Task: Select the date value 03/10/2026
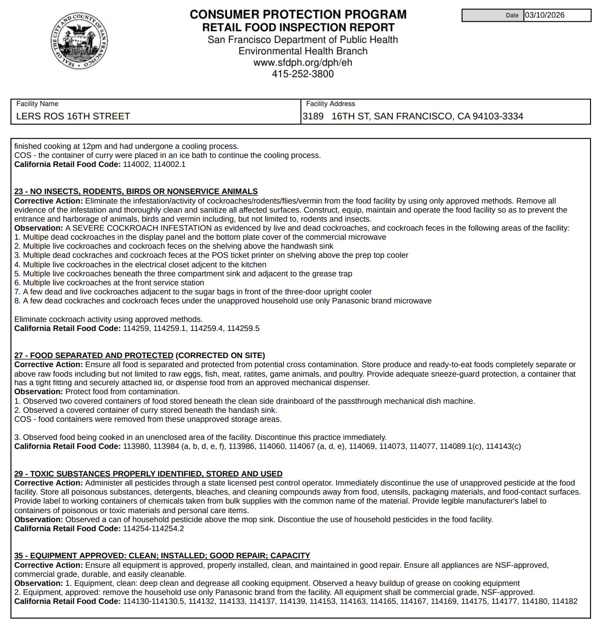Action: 544,15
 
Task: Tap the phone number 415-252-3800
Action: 302,74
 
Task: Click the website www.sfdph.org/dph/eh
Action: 302,62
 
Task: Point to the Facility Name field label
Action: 37,104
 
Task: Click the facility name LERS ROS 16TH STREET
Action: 73,116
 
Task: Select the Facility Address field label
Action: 330,104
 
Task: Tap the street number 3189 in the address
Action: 313,116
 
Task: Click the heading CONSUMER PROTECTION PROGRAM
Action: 298,15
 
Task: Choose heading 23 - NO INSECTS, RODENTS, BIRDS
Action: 136,191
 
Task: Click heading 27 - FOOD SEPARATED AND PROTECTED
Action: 94,355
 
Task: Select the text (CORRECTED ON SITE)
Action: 220,355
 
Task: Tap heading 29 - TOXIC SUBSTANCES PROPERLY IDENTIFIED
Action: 148,474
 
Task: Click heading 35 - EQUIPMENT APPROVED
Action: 162,555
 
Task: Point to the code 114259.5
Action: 243,329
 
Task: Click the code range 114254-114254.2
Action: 153,528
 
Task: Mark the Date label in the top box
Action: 512,15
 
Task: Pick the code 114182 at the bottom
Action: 564,602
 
